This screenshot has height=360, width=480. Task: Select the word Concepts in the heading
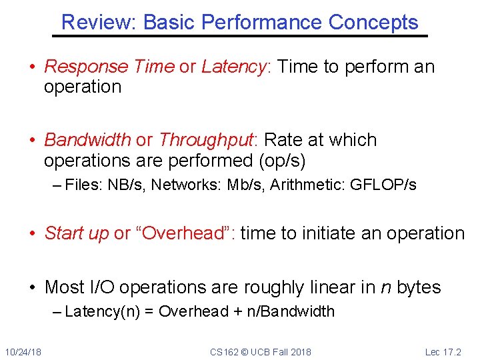pos(373,23)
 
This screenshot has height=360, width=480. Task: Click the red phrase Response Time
pos(109,67)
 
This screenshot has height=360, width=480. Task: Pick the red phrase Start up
pos(76,233)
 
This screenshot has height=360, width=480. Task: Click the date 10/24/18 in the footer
pos(23,352)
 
